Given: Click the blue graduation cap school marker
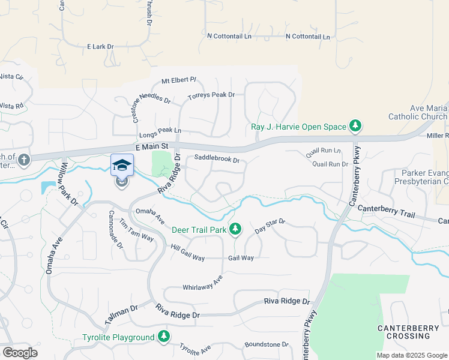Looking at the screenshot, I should point(122,165).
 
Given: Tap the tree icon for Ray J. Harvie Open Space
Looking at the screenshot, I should point(356,126).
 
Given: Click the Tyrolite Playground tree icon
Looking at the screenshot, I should point(164,337).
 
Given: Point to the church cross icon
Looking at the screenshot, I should point(23,160).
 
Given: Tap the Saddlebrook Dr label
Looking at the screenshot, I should point(217,160).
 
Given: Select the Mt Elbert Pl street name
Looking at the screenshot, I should point(179,80).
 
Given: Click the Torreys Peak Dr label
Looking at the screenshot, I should point(211,95).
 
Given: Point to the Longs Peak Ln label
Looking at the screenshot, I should point(160,131).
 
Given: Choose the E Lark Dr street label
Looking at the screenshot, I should point(100,46).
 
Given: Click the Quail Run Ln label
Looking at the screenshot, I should point(323,152).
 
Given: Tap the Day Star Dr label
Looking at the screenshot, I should point(270,226).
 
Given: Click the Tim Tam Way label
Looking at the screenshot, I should point(136,229).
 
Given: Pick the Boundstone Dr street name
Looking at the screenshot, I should point(267,345).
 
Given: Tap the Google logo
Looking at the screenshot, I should point(20,353).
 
